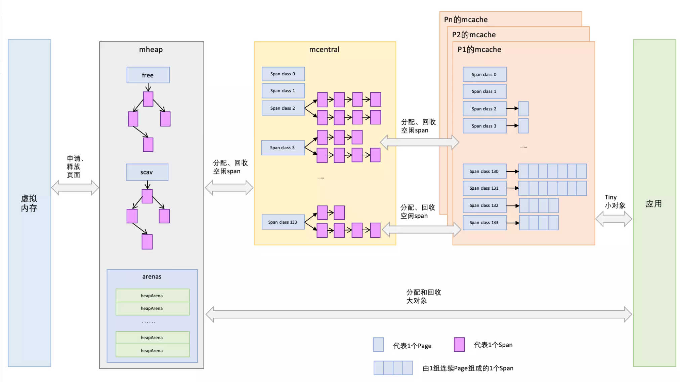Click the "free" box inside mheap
(x=148, y=75)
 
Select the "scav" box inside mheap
(x=147, y=172)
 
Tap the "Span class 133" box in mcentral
(x=283, y=222)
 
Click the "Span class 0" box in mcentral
(x=283, y=74)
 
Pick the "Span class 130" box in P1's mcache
(x=484, y=171)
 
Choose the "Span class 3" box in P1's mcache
(x=484, y=126)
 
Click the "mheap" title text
(x=151, y=49)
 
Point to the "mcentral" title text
(x=324, y=49)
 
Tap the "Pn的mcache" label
(x=466, y=20)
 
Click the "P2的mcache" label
(x=474, y=35)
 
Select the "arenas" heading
(x=152, y=276)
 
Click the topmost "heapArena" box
(x=152, y=296)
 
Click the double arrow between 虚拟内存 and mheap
(x=75, y=188)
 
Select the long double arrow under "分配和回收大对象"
(x=418, y=314)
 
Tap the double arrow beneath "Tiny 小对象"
(x=613, y=219)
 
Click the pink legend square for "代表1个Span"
(x=459, y=345)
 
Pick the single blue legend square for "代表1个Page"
(x=378, y=345)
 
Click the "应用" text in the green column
(x=653, y=204)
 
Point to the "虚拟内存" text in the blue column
(x=29, y=203)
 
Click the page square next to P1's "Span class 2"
(x=523, y=109)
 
